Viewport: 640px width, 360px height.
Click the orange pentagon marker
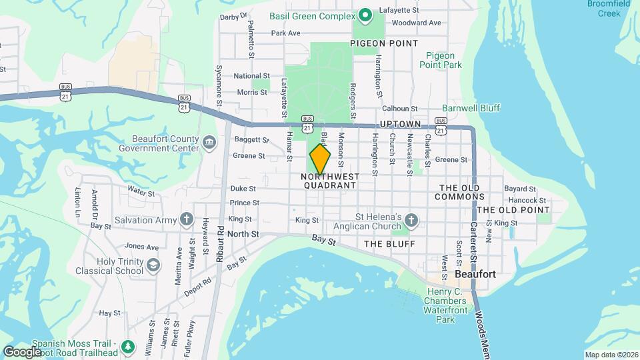point(320,159)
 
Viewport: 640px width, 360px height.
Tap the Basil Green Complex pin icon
point(365,15)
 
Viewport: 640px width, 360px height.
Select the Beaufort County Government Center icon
point(209,142)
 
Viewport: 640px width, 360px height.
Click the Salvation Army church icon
point(186,219)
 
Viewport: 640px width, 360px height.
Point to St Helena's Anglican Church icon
point(412,220)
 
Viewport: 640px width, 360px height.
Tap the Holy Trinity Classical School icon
point(153,265)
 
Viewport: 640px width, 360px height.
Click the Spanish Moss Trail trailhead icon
point(129,347)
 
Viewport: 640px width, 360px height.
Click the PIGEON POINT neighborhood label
point(385,43)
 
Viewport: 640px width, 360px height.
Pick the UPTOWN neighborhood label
point(400,125)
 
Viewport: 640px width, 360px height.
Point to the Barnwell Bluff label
point(471,108)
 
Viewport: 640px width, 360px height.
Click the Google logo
point(21,351)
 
